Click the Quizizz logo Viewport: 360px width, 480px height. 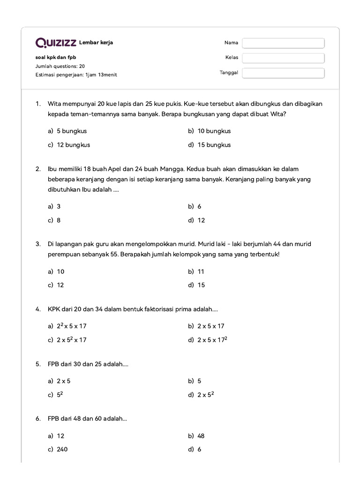[56, 43]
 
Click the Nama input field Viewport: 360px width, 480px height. [283, 43]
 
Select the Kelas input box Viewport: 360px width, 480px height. [283, 58]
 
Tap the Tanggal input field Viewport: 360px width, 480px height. [283, 73]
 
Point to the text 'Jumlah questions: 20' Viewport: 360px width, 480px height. [60, 66]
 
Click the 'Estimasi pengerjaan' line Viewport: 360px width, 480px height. [76, 75]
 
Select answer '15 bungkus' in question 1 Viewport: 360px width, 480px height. [214, 145]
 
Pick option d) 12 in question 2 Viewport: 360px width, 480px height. [201, 220]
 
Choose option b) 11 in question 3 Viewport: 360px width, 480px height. [201, 271]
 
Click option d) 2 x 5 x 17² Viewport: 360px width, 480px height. [212, 340]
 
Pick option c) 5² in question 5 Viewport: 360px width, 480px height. [60, 395]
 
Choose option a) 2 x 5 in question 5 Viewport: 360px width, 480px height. [64, 381]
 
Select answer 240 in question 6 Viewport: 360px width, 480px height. [62, 450]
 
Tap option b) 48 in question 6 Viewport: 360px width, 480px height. [201, 436]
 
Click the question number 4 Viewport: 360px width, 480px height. [37, 309]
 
